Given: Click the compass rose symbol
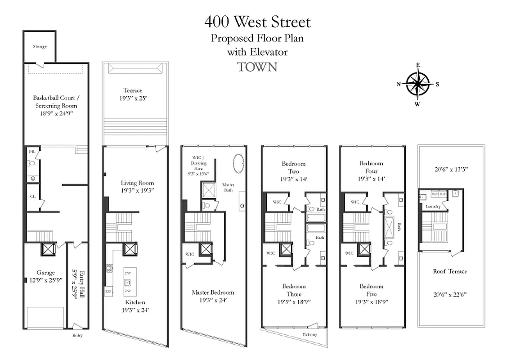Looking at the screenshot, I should pyautogui.click(x=418, y=84).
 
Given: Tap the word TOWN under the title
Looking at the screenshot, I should pyautogui.click(x=257, y=67).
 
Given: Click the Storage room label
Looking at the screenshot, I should pyautogui.click(x=40, y=47).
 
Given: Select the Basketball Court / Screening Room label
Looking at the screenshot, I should pyautogui.click(x=55, y=102).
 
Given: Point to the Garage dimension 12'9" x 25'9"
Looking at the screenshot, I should pyautogui.click(x=45, y=279).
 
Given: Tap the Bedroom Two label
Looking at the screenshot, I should pyautogui.click(x=293, y=168).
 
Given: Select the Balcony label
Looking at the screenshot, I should pyautogui.click(x=310, y=335).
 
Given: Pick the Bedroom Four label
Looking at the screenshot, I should pyautogui.click(x=371, y=167).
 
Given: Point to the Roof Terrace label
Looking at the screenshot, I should pyautogui.click(x=450, y=271).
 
